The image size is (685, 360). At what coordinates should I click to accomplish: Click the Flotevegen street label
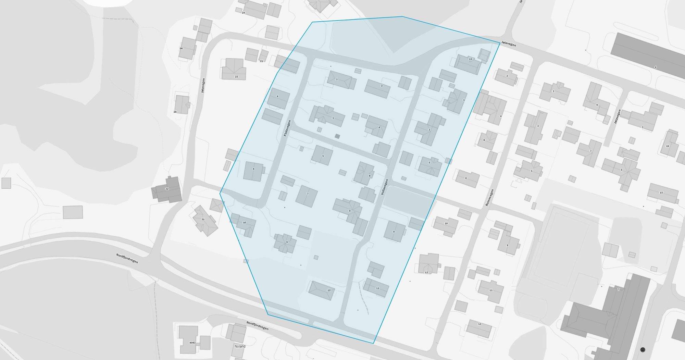click(287, 128)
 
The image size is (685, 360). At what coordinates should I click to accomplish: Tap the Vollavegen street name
click(384, 187)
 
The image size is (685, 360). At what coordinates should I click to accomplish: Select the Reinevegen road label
click(489, 198)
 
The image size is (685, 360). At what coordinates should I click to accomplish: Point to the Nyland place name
click(240, 346)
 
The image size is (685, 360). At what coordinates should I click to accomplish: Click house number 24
click(244, 13)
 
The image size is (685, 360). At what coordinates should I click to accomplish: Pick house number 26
click(181, 49)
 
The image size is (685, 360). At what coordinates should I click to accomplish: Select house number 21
click(261, 61)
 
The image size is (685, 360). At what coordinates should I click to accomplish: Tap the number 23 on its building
click(236, 77)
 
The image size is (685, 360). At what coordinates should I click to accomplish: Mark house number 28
click(175, 112)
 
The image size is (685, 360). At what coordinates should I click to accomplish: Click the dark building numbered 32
click(167, 189)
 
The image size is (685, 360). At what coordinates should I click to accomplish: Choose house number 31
click(203, 220)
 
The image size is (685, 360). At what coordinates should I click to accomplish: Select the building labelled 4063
click(192, 343)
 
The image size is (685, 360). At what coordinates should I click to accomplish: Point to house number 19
click(667, 146)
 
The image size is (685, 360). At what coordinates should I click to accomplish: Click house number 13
click(480, 324)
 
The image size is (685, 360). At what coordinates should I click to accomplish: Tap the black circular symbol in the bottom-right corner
click(643, 350)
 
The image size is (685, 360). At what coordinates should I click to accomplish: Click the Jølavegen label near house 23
click(203, 86)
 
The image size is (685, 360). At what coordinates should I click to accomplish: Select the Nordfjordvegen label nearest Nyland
click(257, 325)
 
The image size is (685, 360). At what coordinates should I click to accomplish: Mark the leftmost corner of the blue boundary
click(220, 193)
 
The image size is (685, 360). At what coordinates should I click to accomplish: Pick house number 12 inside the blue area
click(329, 290)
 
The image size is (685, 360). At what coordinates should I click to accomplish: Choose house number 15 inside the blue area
click(470, 59)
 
